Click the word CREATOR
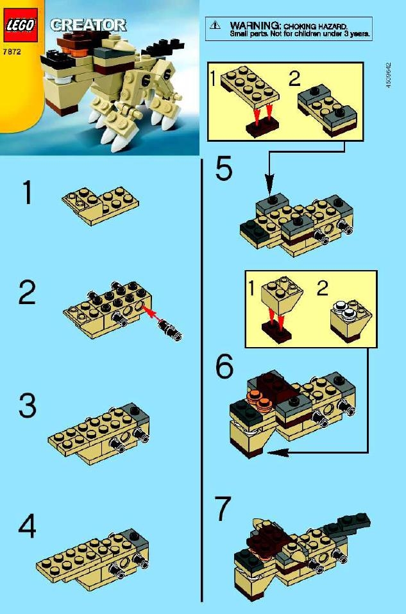[x=88, y=25]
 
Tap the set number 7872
[x=12, y=51]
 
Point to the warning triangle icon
[x=215, y=26]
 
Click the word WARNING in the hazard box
[x=255, y=25]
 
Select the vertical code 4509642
[x=388, y=75]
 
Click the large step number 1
[x=28, y=192]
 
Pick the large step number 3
[x=28, y=405]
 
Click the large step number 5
[x=224, y=169]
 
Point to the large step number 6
[x=224, y=366]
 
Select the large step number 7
[x=224, y=509]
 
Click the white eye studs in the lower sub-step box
[x=343, y=309]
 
